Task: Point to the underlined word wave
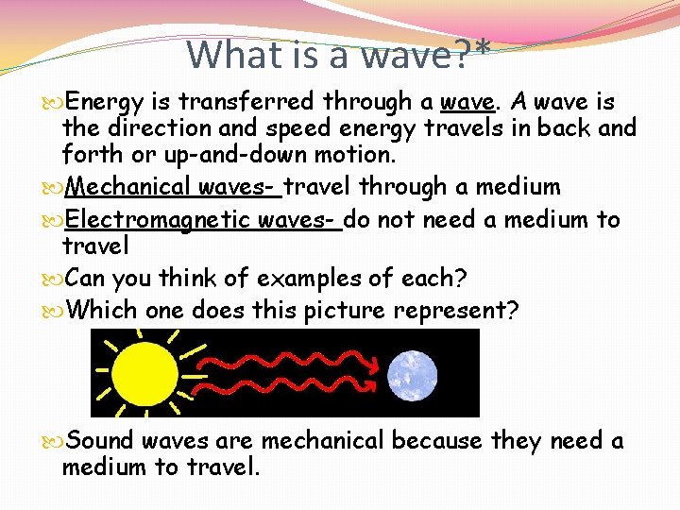coord(468,100)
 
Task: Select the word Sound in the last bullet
coord(100,440)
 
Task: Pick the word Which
coord(104,310)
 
